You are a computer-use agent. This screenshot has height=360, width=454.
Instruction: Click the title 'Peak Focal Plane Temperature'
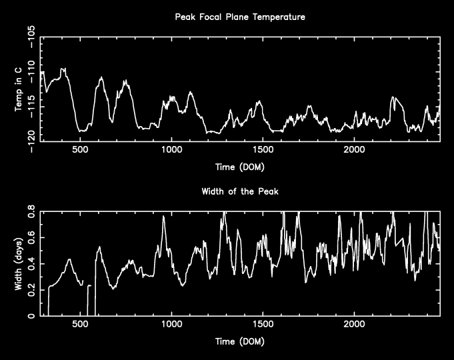pos(240,17)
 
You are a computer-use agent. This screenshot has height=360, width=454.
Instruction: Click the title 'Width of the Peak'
pos(240,192)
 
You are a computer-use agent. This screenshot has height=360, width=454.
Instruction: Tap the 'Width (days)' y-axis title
pos(19,264)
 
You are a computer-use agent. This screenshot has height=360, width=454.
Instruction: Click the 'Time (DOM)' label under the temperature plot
pos(240,167)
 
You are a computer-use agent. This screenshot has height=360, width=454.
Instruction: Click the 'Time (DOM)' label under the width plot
pos(240,341)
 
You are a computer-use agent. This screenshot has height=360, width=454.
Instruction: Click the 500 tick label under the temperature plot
pos(81,150)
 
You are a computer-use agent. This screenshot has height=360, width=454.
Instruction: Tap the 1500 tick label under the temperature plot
pos(263,150)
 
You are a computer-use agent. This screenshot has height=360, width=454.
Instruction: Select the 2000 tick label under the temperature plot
pos(354,150)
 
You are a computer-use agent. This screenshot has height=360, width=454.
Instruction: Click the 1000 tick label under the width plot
pos(172,325)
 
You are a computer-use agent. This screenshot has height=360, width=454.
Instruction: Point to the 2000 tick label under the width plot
pos(354,325)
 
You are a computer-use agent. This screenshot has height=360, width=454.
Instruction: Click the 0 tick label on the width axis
pos(33,316)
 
